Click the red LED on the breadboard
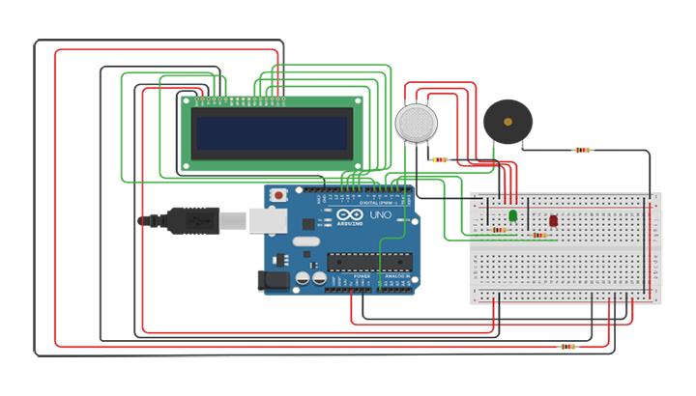click(x=553, y=221)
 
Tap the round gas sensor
click(x=415, y=123)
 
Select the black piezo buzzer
click(x=507, y=123)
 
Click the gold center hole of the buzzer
click(x=507, y=123)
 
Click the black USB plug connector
click(x=194, y=220)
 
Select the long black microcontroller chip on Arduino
click(x=370, y=260)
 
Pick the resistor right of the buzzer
click(x=582, y=150)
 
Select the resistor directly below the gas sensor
click(x=441, y=159)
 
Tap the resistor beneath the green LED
click(x=499, y=230)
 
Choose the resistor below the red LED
click(x=538, y=235)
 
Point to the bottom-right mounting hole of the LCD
click(x=357, y=164)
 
